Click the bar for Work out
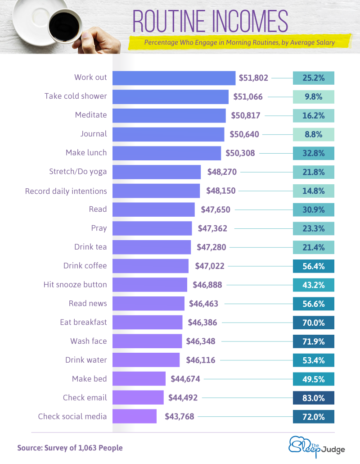tap(174, 77)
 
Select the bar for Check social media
tap(134, 416)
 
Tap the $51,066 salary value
tap(247, 96)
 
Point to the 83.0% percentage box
tap(314, 397)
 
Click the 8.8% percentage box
tap(314, 134)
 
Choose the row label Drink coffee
tap(85, 266)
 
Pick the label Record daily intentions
tap(66, 191)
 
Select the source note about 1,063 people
tap(70, 448)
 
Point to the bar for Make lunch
tap(166, 153)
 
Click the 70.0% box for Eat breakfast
tap(314, 323)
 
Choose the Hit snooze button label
tap(75, 285)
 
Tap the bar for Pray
tap(152, 228)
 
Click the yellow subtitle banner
tap(239, 43)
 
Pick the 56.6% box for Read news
tap(314, 304)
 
